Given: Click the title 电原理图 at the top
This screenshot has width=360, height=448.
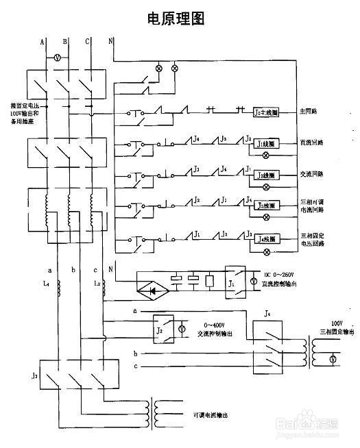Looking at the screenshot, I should tap(176, 18).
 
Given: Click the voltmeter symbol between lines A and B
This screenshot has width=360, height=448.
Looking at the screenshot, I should tap(58, 60).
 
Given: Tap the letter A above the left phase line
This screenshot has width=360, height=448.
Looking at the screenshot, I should tap(43, 42).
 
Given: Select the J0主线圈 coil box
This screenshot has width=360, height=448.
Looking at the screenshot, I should tap(265, 111).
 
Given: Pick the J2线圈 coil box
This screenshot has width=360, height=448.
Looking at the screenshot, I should tap(265, 175).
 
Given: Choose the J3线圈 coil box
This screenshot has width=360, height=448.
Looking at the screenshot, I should tap(265, 206).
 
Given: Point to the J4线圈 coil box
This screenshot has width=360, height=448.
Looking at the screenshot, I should tap(265, 240).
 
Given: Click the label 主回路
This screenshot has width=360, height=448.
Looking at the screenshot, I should tap(307, 111).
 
